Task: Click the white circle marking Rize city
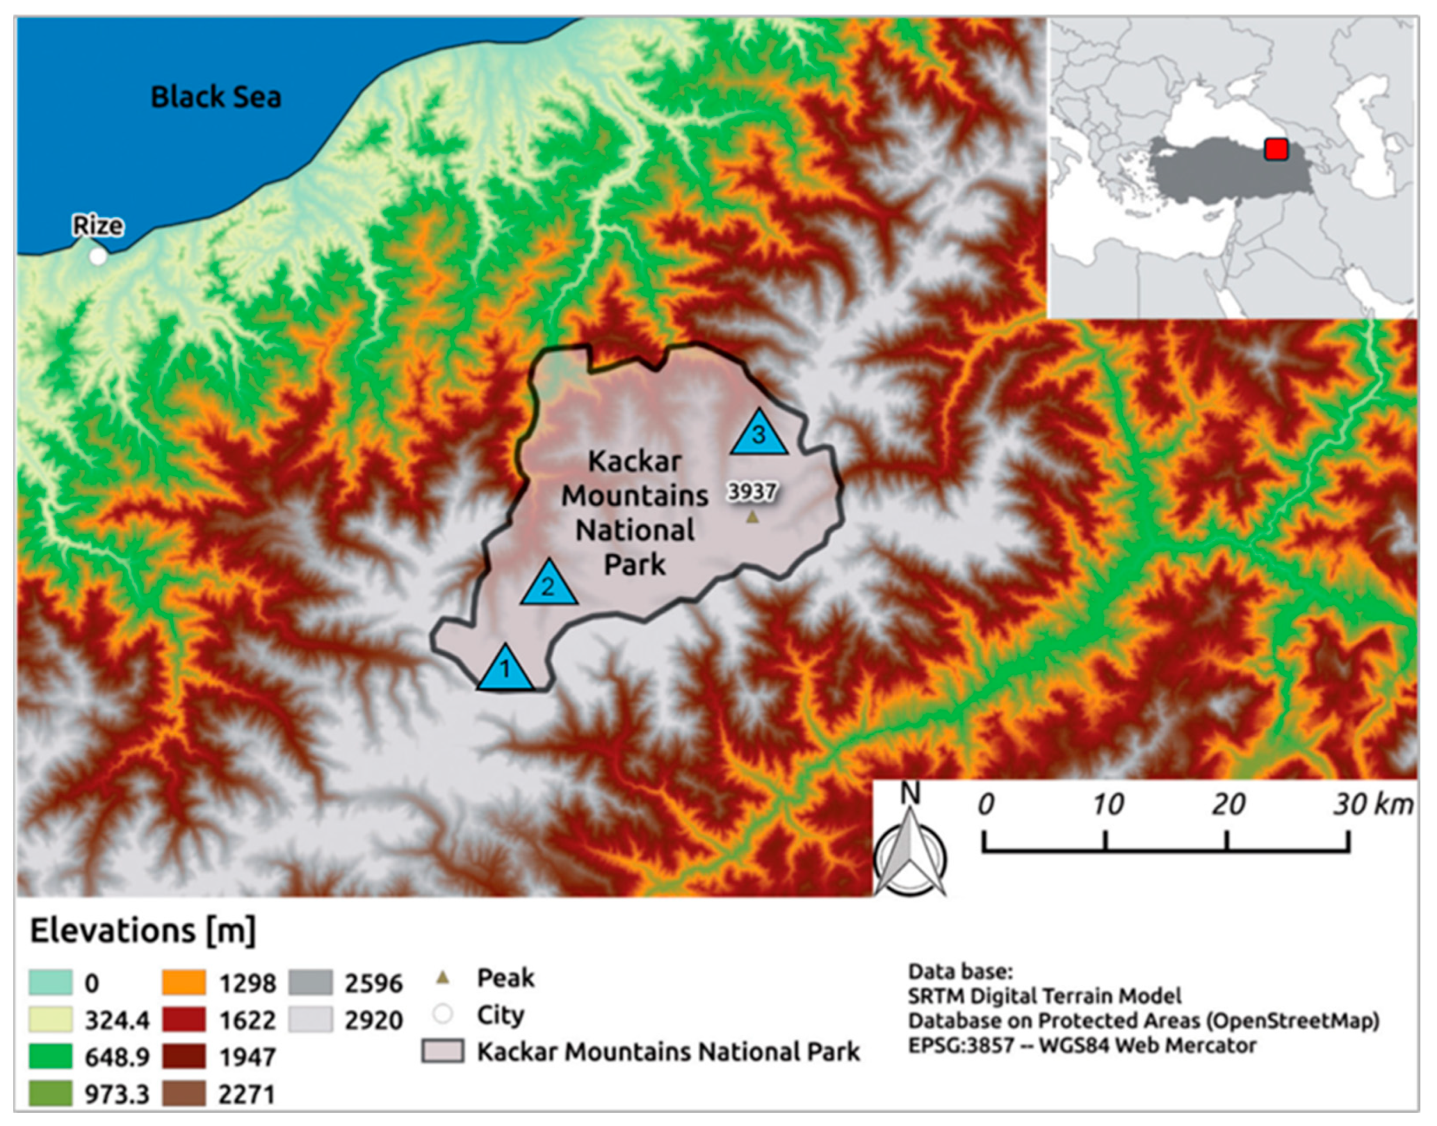[97, 256]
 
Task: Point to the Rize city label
[97, 225]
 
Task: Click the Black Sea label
[216, 97]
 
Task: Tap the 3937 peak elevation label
[751, 491]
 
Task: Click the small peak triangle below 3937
[752, 518]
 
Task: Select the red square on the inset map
[1275, 149]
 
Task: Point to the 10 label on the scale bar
[1107, 804]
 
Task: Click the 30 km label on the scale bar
[1372, 804]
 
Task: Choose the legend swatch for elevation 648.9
[50, 1057]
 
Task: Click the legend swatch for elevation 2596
[310, 982]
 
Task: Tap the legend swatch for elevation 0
[50, 982]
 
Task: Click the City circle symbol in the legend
[443, 1014]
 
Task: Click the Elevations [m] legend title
[142, 931]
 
